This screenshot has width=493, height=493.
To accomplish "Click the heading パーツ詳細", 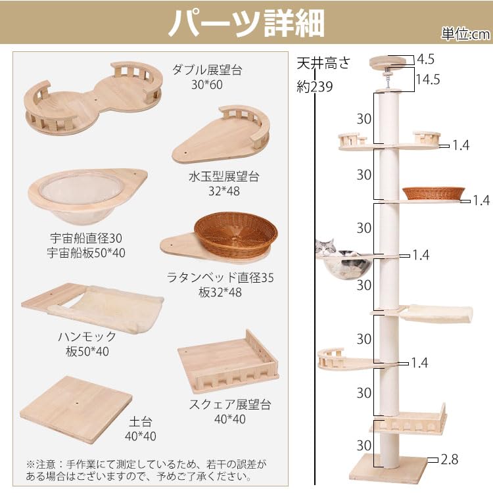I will (x=246, y=24).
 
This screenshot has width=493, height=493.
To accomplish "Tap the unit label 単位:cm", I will (x=465, y=35).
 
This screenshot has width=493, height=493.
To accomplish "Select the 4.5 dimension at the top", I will (x=425, y=60).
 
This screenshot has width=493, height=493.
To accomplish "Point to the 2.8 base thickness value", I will (x=450, y=459).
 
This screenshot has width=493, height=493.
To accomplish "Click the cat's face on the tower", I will (x=327, y=248).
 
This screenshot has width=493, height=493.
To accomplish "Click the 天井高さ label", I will (x=323, y=64).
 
